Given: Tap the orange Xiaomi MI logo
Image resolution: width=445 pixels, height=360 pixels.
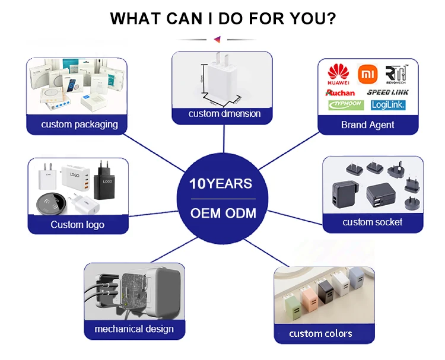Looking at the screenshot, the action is tap(368, 74).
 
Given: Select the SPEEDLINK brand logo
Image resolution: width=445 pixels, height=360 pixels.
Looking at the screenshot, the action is tap(387, 92).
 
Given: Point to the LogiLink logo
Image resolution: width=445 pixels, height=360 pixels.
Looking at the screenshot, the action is tap(387, 105).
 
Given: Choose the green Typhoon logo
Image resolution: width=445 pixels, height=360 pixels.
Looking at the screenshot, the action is tap(346, 105).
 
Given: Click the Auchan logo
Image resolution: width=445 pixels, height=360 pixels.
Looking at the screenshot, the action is tap(341, 93).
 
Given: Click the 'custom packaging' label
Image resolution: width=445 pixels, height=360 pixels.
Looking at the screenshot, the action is tap(79, 125).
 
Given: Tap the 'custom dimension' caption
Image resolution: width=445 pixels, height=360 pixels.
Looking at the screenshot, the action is tap(224, 113).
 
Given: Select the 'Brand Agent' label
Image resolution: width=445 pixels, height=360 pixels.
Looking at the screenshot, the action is tap(368, 125).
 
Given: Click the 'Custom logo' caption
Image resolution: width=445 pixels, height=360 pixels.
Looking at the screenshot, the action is tap(77, 224).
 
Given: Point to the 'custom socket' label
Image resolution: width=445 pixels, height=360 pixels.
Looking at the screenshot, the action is tap(372, 222).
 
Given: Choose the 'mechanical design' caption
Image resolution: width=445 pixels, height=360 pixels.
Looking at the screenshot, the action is tap(134, 329).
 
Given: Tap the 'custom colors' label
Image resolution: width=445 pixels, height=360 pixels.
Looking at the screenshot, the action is tap(320, 333).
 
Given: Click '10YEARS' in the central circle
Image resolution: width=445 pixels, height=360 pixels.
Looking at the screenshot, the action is tap(221, 184).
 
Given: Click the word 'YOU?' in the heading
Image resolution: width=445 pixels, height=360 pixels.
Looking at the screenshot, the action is tap(313, 18).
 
